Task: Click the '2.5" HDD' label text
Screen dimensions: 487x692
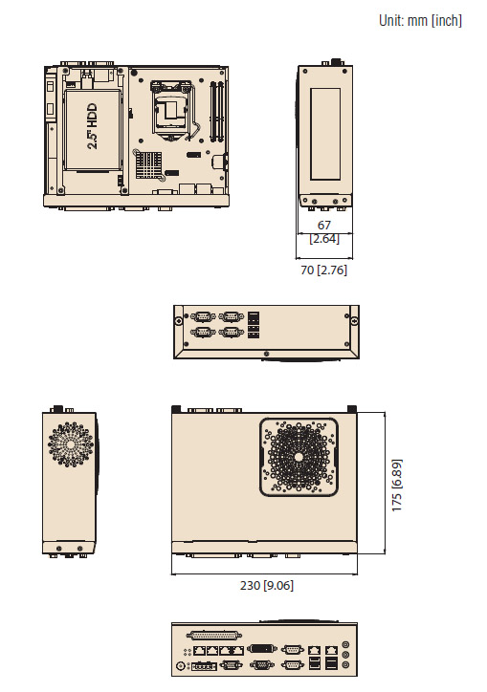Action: point(93,126)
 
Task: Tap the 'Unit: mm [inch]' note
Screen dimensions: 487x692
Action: point(420,20)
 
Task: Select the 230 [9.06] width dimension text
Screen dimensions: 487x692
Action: point(267,585)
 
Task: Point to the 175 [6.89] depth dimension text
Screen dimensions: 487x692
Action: point(397,485)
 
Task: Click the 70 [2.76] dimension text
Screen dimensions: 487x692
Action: point(324,270)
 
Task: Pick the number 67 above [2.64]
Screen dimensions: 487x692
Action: point(324,225)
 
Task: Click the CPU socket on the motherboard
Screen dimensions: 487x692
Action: point(170,110)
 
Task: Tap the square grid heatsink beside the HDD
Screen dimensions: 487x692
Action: point(148,164)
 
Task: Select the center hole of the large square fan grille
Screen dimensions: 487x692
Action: point(299,457)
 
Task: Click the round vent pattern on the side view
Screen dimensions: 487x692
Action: point(70,444)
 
